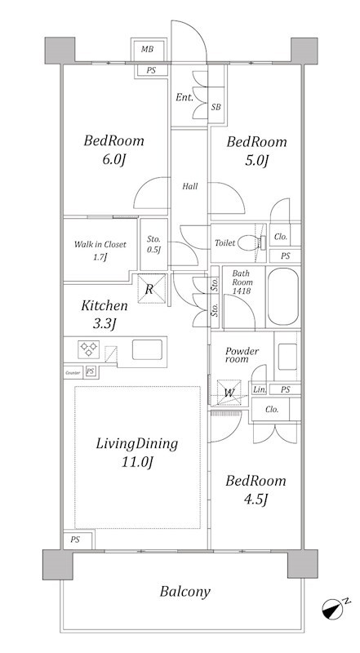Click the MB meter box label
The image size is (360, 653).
click(147, 49)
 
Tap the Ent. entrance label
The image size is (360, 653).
click(184, 97)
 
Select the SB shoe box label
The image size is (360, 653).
click(216, 107)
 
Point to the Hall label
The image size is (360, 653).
click(190, 186)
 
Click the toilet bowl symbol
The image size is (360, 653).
click(251, 242)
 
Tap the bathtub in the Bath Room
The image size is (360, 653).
click(283, 296)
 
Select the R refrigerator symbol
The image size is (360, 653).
click(152, 288)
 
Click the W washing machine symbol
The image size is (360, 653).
click(229, 393)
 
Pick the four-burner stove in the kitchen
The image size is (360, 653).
click(89, 349)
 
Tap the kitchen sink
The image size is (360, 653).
click(147, 350)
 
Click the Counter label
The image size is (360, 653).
click(73, 373)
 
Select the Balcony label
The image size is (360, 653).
click(185, 591)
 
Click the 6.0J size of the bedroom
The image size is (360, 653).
click(113, 160)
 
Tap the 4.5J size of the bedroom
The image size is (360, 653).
click(256, 500)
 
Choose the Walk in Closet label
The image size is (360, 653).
click(100, 244)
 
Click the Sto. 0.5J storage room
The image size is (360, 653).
click(153, 244)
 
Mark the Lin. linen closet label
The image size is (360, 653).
click(259, 390)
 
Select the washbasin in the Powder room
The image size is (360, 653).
click(287, 357)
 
